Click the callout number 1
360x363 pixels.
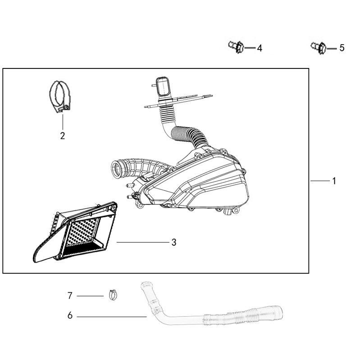click(334, 181)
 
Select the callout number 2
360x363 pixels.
click(63, 136)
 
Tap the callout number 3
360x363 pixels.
click(174, 242)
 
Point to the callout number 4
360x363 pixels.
click(260, 48)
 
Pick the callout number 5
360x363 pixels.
click(342, 48)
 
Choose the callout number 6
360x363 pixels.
click(70, 315)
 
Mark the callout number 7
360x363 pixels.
click(70, 295)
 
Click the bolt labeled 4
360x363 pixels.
click(236, 46)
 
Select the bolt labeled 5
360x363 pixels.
click(319, 47)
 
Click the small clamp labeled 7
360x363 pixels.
click(113, 295)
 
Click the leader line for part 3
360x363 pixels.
click(143, 242)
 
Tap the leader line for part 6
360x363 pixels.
click(112, 317)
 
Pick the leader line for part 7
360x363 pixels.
click(90, 296)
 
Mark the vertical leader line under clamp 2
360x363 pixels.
click(63, 122)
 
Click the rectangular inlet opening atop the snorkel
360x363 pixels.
click(163, 86)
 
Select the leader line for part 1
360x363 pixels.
click(320, 181)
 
